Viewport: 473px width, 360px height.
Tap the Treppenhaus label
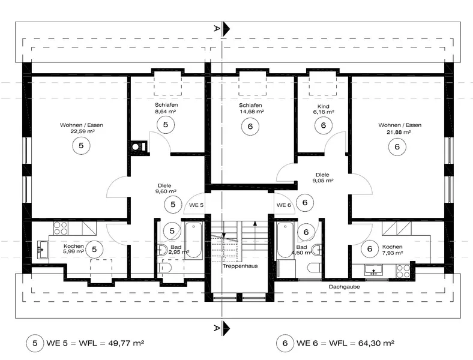(x=240, y=266)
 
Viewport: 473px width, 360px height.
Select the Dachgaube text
(x=344, y=287)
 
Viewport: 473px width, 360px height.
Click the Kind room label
(x=324, y=106)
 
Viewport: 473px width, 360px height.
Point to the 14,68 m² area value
(x=252, y=112)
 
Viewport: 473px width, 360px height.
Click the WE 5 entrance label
(x=196, y=205)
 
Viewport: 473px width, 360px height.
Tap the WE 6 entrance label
(x=283, y=205)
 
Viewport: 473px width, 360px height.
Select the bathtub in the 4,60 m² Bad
(x=285, y=241)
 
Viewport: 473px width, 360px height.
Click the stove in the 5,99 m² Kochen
(x=61, y=228)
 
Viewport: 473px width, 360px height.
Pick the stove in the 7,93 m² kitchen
(x=403, y=271)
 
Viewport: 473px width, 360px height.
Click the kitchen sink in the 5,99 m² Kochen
(x=43, y=250)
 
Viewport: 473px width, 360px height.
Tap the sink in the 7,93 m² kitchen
(x=373, y=270)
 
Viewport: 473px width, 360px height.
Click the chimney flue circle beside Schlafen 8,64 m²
(x=136, y=147)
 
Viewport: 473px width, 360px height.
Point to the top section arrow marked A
(x=226, y=29)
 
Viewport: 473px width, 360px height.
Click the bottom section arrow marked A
(x=226, y=328)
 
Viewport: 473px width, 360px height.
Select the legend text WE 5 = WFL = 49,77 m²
(x=95, y=343)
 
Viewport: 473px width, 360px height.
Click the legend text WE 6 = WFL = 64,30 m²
(x=345, y=343)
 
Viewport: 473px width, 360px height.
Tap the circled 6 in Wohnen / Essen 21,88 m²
(x=397, y=147)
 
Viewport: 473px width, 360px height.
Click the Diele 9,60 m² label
(x=165, y=188)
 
